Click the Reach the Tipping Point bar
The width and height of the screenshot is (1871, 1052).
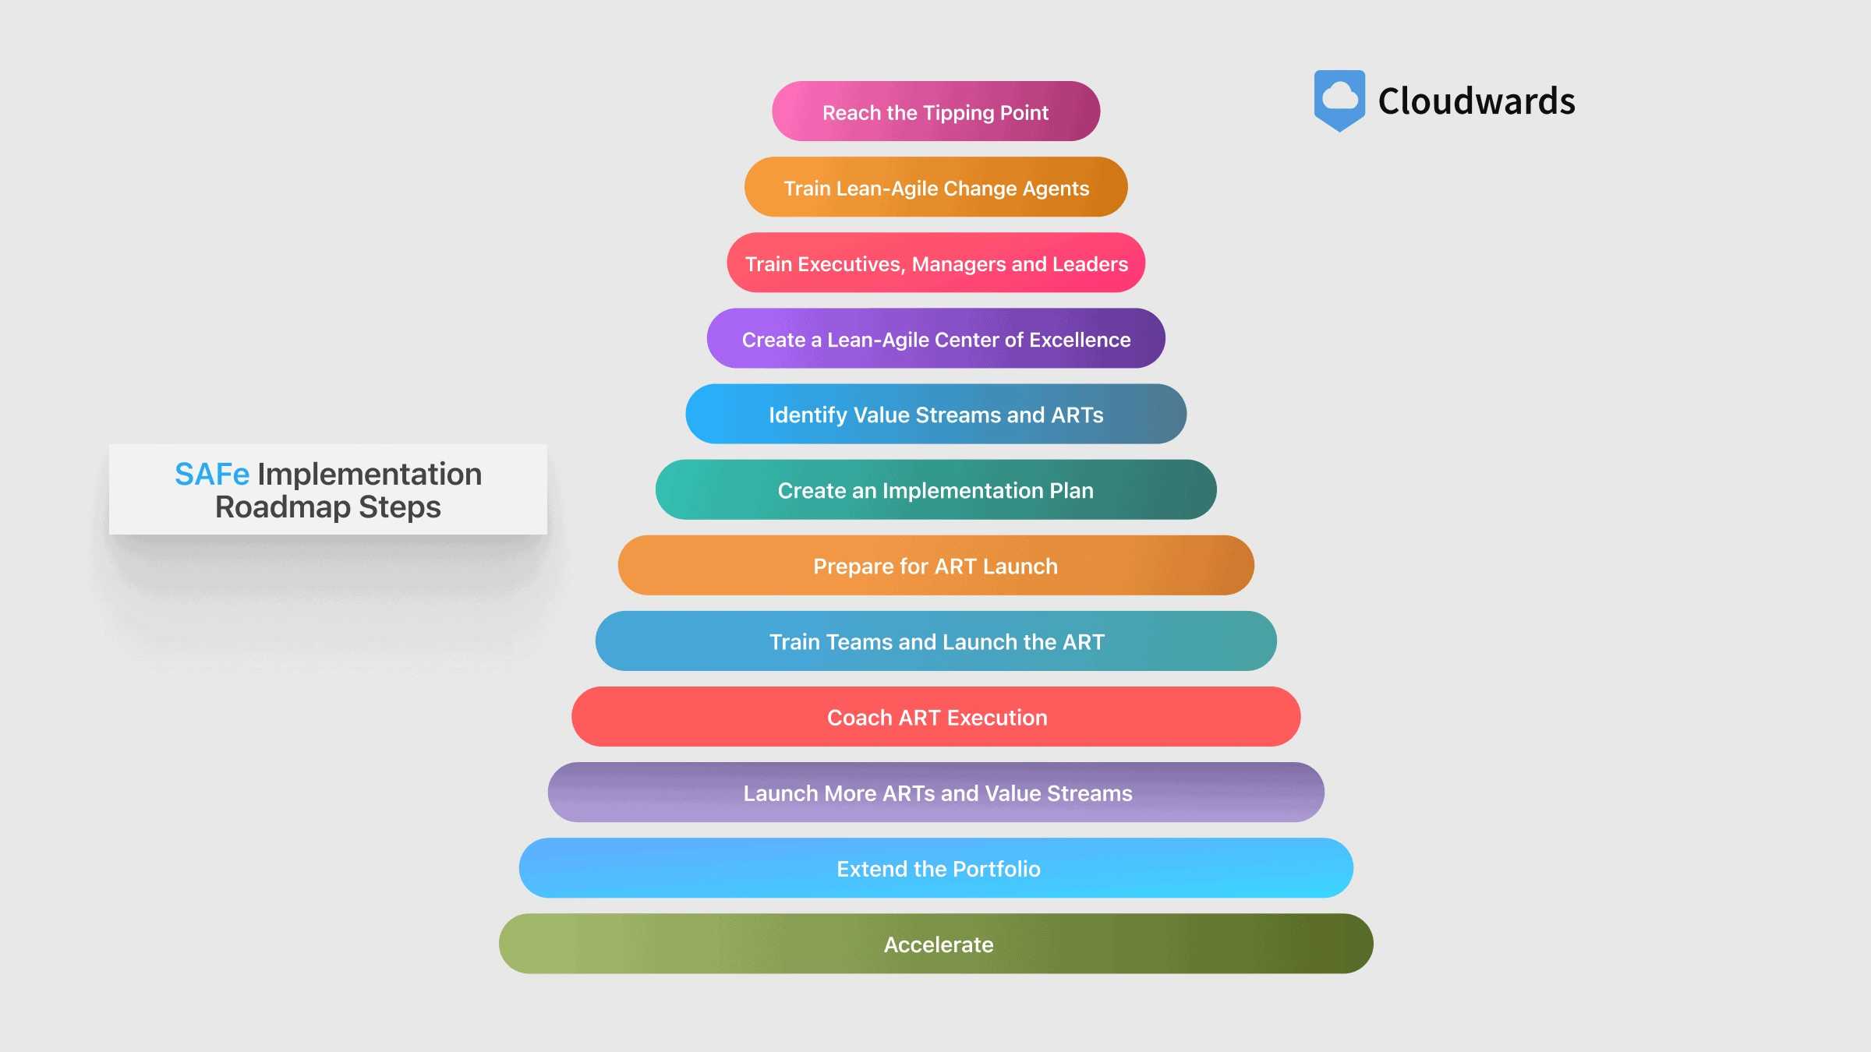(935, 111)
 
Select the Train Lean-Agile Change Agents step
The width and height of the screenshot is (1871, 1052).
(935, 187)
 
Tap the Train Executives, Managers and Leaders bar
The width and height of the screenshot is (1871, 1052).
(935, 263)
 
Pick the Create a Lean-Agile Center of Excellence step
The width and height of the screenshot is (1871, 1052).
(935, 338)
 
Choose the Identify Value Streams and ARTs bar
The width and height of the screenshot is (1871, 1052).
(935, 414)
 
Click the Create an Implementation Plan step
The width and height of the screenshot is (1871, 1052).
(935, 489)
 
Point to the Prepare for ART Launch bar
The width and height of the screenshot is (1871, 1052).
(935, 565)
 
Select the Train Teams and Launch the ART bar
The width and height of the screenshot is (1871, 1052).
(935, 641)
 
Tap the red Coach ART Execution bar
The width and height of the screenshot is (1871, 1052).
(935, 716)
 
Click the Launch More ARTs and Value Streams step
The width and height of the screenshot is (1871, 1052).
(935, 792)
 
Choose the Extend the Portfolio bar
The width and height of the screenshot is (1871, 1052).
(935, 867)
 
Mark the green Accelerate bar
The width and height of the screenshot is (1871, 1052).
(935, 943)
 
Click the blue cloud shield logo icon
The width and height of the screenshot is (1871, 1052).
(1339, 99)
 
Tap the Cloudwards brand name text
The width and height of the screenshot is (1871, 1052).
(1477, 101)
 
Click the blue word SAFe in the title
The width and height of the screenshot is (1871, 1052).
(211, 474)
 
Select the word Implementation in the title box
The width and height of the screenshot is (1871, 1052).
(370, 474)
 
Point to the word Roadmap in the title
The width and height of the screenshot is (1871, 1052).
(282, 507)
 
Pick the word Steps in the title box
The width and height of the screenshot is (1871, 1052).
(399, 507)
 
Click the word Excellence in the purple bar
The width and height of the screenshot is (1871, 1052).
(1080, 340)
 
